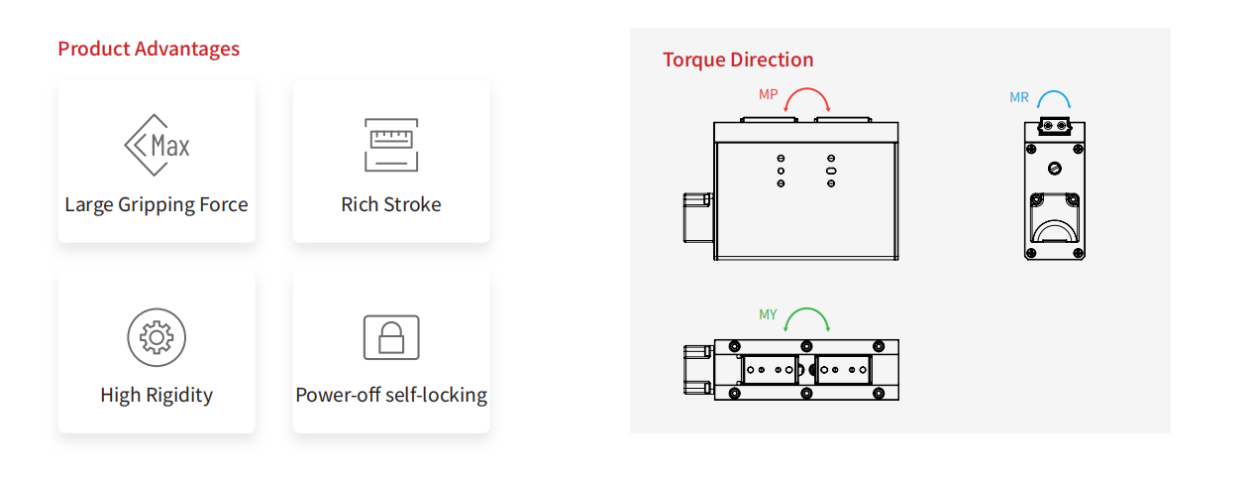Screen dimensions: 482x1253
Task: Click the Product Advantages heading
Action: click(x=149, y=49)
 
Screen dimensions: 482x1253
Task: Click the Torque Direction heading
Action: click(x=738, y=60)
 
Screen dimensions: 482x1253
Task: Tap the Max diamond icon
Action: click(x=157, y=146)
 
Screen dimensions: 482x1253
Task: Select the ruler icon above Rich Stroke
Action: click(x=391, y=146)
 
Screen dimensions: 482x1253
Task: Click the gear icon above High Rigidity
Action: click(x=157, y=337)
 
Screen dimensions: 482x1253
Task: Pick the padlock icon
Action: click(x=391, y=337)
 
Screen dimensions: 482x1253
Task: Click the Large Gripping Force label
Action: click(x=157, y=204)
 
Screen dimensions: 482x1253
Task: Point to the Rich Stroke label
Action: click(x=391, y=204)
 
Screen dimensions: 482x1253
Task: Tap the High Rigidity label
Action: click(x=157, y=395)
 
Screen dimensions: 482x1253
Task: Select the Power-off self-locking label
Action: click(x=391, y=395)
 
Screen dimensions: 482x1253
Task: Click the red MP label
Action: click(x=769, y=94)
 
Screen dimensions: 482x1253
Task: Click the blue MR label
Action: click(x=1019, y=97)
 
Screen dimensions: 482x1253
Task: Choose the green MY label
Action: click(x=769, y=314)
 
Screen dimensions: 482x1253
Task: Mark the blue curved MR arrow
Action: click(x=1054, y=98)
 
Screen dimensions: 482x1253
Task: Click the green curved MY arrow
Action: click(x=806, y=317)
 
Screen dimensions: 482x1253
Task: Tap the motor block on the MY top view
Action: click(x=698, y=369)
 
